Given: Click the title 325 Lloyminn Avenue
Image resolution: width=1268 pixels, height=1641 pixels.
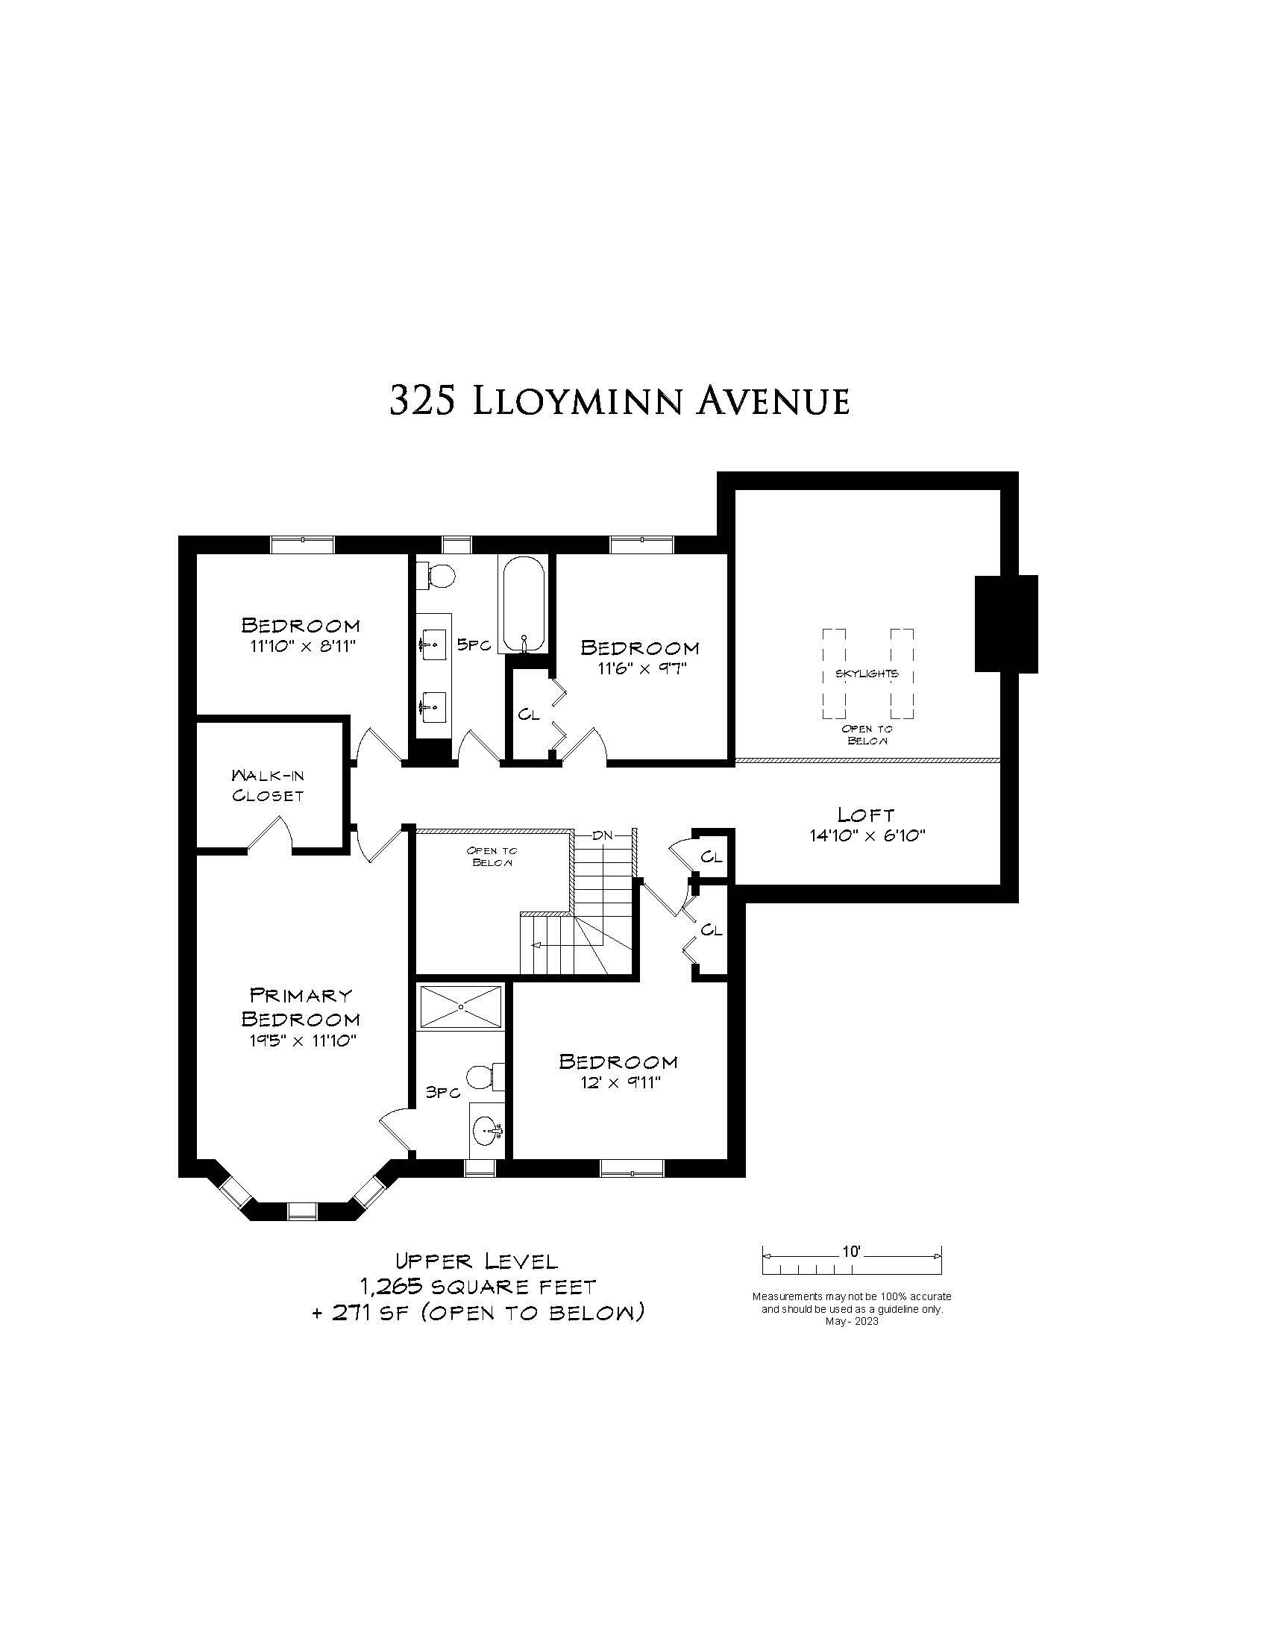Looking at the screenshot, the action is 620,401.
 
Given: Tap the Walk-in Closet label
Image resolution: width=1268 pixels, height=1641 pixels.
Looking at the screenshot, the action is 268,785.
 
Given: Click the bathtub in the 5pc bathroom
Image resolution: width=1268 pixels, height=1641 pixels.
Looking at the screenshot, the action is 524,604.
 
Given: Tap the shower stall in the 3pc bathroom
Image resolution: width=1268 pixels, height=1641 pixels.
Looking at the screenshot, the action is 461,1007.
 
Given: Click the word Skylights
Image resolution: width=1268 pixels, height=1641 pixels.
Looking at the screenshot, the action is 867,674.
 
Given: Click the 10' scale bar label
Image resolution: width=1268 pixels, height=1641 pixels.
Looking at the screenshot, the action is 851,1252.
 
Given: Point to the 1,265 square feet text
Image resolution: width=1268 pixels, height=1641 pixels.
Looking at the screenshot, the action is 479,1287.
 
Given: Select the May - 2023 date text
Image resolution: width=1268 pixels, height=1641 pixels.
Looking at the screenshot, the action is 852,1322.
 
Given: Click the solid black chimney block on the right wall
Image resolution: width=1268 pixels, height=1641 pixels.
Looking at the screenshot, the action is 1006,624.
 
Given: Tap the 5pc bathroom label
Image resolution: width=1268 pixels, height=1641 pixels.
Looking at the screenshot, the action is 474,644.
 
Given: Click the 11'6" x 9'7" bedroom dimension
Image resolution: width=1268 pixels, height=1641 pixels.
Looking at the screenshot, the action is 642,668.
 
